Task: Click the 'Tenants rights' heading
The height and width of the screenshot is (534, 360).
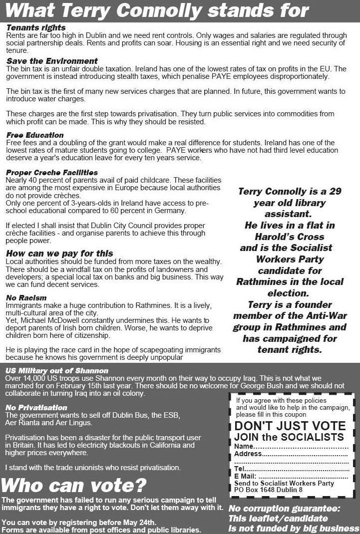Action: click(36, 28)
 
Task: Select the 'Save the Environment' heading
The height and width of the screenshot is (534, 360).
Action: click(52, 61)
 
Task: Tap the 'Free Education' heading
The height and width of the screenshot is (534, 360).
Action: click(35, 135)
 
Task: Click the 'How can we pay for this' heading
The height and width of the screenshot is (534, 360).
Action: click(59, 254)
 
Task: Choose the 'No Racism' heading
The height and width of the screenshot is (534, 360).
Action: click(26, 297)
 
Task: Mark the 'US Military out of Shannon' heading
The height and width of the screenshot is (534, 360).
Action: click(56, 371)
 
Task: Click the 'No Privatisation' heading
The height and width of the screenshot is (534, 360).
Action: click(36, 407)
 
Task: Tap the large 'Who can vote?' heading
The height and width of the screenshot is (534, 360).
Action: click(74, 484)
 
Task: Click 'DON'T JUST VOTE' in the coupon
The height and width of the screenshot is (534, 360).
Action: click(290, 426)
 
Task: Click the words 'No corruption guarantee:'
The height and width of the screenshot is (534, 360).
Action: click(284, 509)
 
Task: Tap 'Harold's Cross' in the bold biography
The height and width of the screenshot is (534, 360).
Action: click(290, 237)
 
